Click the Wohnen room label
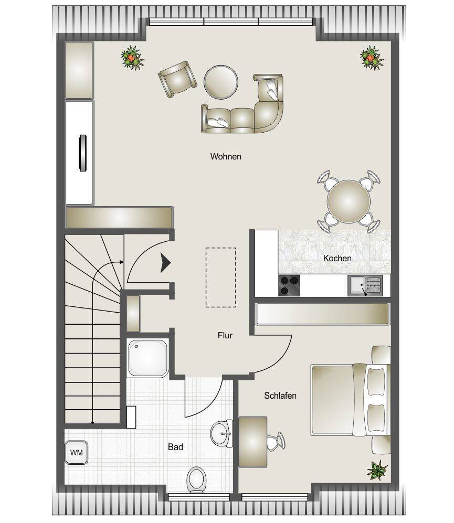pyautogui.click(x=226, y=156)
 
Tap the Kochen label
pyautogui.click(x=337, y=258)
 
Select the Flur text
pyautogui.click(x=225, y=335)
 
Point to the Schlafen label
pyautogui.click(x=280, y=396)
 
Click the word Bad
pyautogui.click(x=175, y=447)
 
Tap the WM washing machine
pyautogui.click(x=77, y=453)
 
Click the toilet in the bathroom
pyautogui.click(x=196, y=479)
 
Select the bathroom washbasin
pyautogui.click(x=221, y=434)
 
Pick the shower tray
pyautogui.click(x=148, y=358)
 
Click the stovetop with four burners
pyautogui.click(x=289, y=285)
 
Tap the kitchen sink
pyautogui.click(x=365, y=285)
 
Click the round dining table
pyautogui.click(x=349, y=201)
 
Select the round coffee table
pyautogui.click(x=221, y=82)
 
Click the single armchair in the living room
pyautogui.click(x=177, y=79)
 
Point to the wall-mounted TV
pyautogui.click(x=82, y=153)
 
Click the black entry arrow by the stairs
pyautogui.click(x=165, y=263)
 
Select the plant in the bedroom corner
pyautogui.click(x=377, y=471)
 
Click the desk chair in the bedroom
pyautogui.click(x=276, y=441)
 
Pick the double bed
pyautogui.click(x=351, y=400)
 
